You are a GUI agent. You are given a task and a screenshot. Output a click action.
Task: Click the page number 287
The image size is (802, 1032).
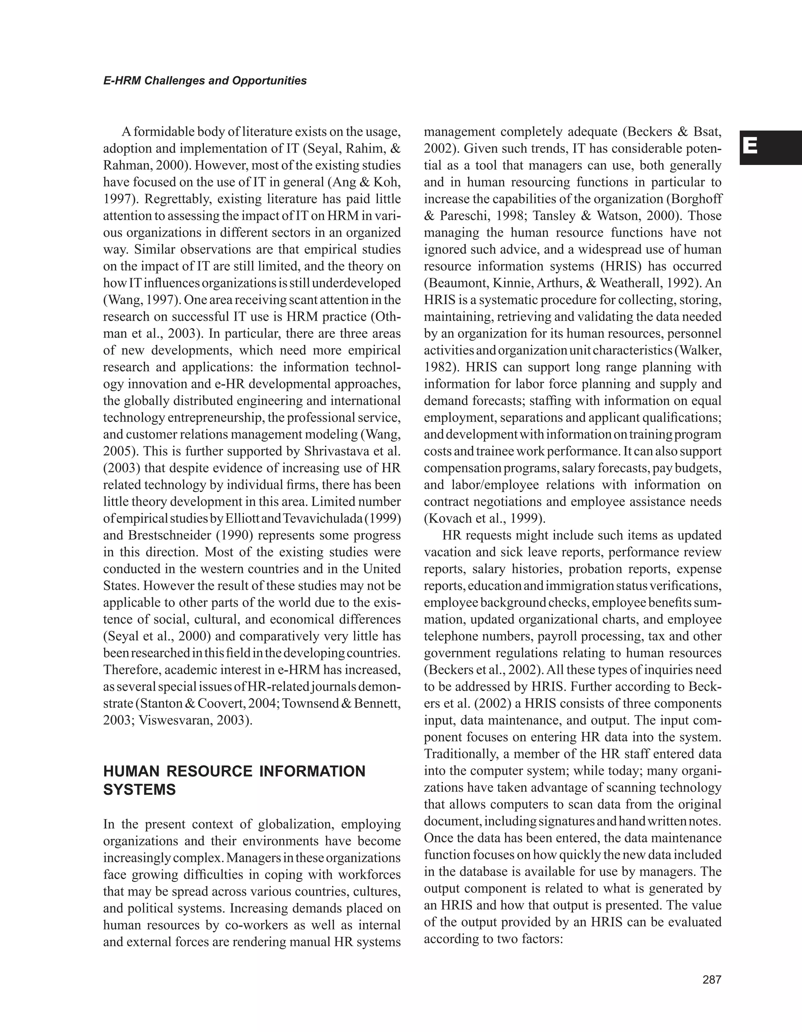[x=712, y=980]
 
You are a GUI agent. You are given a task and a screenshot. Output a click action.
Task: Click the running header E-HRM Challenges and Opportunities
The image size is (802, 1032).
[x=205, y=81]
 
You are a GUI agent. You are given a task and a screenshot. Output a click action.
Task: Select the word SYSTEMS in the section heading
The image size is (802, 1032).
[x=139, y=790]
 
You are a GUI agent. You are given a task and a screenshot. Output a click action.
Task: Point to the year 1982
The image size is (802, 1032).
[x=437, y=367]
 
